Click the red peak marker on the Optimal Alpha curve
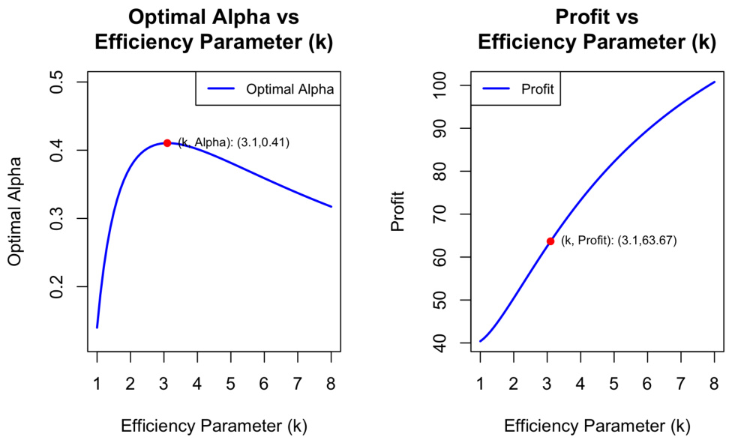pyautogui.click(x=167, y=142)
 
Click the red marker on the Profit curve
pyautogui.click(x=550, y=241)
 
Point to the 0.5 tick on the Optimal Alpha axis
pyautogui.click(x=57, y=82)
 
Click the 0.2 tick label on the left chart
pyautogui.click(x=57, y=286)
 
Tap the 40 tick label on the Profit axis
pyautogui.click(x=440, y=344)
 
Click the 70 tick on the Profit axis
pyautogui.click(x=440, y=215)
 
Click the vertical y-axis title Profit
pyautogui.click(x=398, y=215)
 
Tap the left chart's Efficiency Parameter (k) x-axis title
pyautogui.click(x=214, y=427)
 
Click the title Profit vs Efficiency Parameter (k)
pyautogui.click(x=597, y=29)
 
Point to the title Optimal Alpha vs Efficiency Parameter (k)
pyautogui.click(x=214, y=29)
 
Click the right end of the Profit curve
pyautogui.click(x=714, y=82)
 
